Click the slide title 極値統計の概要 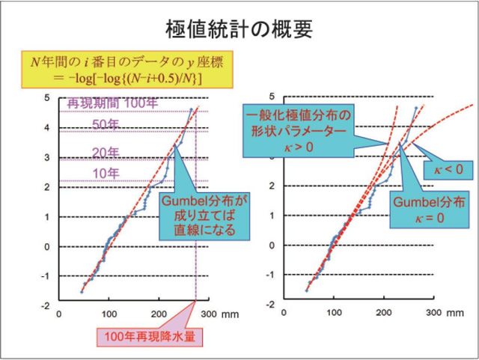(239, 28)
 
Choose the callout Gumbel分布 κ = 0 (424, 209)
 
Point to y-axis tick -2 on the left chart (46, 305)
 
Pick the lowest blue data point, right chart (308, 290)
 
